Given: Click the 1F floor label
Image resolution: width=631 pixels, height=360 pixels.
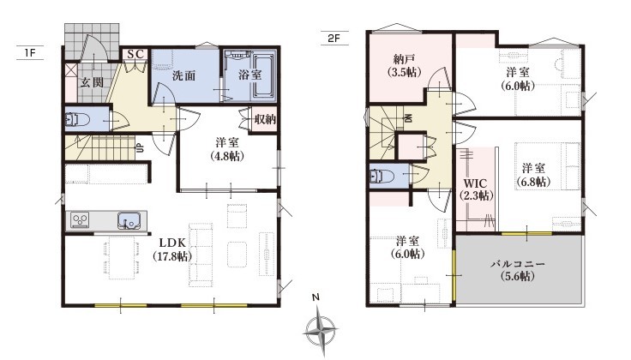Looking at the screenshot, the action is coord(29,52).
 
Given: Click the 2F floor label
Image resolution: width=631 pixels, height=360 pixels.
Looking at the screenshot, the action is coord(334,39).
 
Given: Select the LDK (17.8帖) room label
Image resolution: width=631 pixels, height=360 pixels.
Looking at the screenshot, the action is coord(172,249).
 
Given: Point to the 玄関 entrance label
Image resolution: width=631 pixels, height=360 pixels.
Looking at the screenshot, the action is coord(92,82).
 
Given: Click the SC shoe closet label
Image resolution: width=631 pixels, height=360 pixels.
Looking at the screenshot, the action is coord(135,54).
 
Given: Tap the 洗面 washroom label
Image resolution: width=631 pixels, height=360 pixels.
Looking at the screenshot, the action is coord(184,75).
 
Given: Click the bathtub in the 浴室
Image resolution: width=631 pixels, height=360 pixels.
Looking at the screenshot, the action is coord(263,77).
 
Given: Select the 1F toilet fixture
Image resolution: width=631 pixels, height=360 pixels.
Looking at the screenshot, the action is coord(78,119).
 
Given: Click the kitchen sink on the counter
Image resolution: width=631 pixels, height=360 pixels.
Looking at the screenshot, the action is coord(129,221).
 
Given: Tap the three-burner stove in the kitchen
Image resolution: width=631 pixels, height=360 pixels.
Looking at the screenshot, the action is coord(80,220).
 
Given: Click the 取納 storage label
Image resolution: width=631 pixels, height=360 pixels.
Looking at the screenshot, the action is coord(265,119).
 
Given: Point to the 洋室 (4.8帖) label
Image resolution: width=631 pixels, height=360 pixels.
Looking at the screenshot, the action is coord(227,149).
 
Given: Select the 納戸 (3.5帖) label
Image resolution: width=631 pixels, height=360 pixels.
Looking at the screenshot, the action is coord(404,66).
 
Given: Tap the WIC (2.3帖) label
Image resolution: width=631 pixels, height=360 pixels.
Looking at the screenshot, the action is coord(475,189).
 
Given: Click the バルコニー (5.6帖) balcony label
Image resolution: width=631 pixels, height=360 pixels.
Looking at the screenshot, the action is coord(518,270).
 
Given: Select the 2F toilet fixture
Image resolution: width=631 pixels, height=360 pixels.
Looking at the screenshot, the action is coord(382,176).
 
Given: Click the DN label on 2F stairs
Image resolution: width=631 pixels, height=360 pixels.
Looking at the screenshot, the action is coord(407,118).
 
